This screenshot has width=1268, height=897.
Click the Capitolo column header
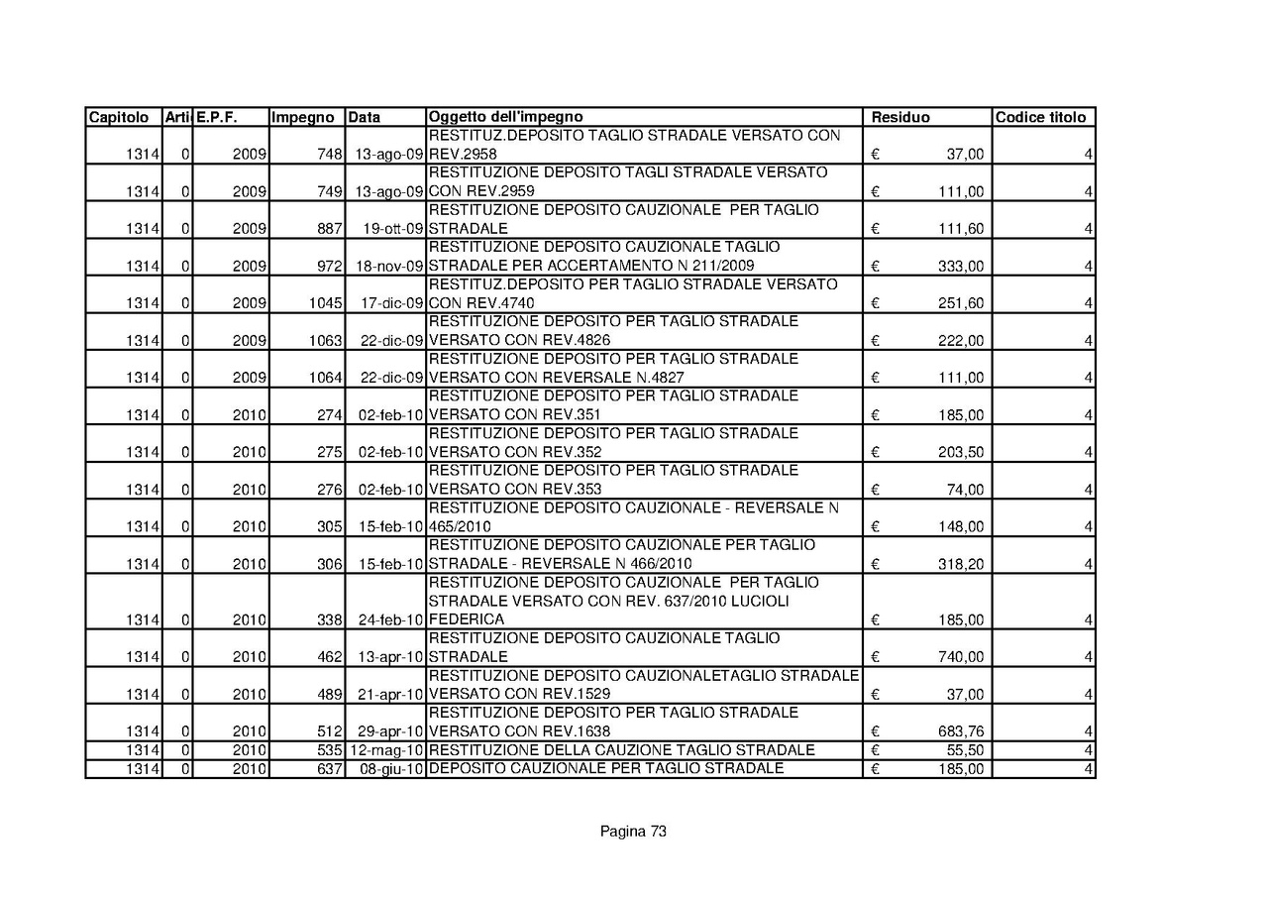[119, 117]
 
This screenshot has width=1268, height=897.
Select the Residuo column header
[900, 117]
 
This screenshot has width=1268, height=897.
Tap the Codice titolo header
[1040, 117]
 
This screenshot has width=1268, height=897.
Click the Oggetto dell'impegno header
[505, 117]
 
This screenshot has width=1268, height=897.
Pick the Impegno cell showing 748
[329, 155]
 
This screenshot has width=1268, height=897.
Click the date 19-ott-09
[393, 229]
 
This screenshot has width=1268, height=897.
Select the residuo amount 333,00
[961, 266]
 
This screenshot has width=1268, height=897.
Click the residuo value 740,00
[961, 657]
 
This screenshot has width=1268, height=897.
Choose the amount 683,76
[961, 731]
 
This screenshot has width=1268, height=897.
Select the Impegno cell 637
[329, 769]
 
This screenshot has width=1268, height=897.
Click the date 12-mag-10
[387, 749]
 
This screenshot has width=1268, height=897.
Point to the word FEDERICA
[467, 619]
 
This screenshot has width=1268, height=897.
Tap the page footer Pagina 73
[633, 832]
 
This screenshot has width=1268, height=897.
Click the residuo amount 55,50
[965, 749]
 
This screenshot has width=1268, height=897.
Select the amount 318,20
[961, 564]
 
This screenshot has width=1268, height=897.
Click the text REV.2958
[463, 155]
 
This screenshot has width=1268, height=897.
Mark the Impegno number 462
[329, 657]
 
